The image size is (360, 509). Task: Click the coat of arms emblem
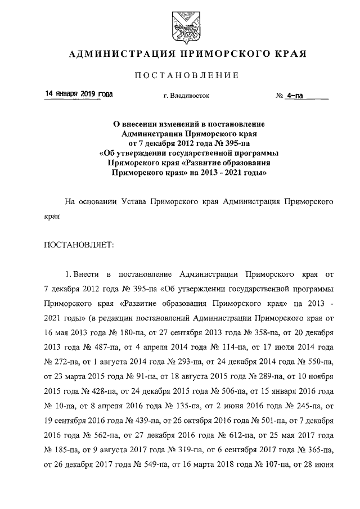click(x=179, y=25)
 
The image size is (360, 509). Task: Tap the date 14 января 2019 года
click(x=79, y=94)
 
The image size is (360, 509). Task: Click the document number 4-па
click(x=295, y=96)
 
